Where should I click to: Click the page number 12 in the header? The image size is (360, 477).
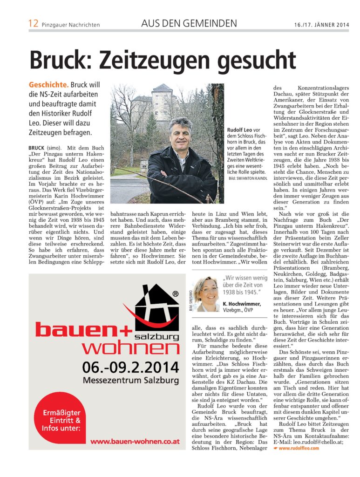click(x=34, y=23)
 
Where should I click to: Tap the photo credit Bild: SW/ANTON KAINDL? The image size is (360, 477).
click(x=248, y=178)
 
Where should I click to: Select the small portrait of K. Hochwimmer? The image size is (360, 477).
click(x=206, y=293)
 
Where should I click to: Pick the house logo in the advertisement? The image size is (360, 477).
click(x=156, y=311)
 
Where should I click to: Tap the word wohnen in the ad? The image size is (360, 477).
click(x=131, y=348)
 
